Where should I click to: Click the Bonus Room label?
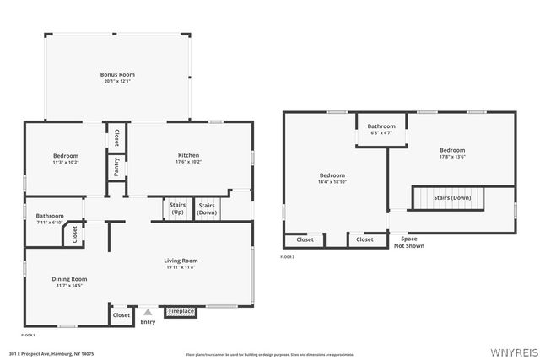click(118, 75)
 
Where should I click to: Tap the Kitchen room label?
click(188, 155)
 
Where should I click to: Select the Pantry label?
click(116, 166)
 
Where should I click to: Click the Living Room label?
click(181, 261)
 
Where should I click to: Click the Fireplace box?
click(181, 311)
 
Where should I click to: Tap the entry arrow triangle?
click(148, 312)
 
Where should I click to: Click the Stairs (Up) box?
click(177, 208)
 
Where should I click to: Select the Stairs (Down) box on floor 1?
click(207, 208)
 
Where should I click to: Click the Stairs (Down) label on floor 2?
click(452, 197)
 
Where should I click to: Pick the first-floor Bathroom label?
click(50, 215)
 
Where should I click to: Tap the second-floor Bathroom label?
click(381, 126)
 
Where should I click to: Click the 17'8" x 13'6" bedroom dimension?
click(452, 157)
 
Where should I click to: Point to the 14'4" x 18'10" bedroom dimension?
click(332, 181)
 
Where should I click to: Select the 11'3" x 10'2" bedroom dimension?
click(66, 162)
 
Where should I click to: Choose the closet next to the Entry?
click(121, 315)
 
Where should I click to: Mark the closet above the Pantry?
click(116, 137)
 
